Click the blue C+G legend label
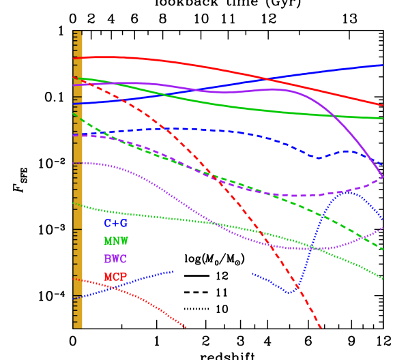(x=115, y=223)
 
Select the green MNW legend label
(x=115, y=241)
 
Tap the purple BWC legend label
(x=115, y=259)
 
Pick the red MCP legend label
(x=115, y=276)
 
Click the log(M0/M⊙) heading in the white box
(x=214, y=260)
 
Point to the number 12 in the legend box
(x=222, y=276)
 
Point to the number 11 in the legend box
(x=222, y=292)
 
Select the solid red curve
(x=225, y=72)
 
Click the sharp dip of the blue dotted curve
(x=292, y=292)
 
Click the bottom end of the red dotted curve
(x=186, y=327)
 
